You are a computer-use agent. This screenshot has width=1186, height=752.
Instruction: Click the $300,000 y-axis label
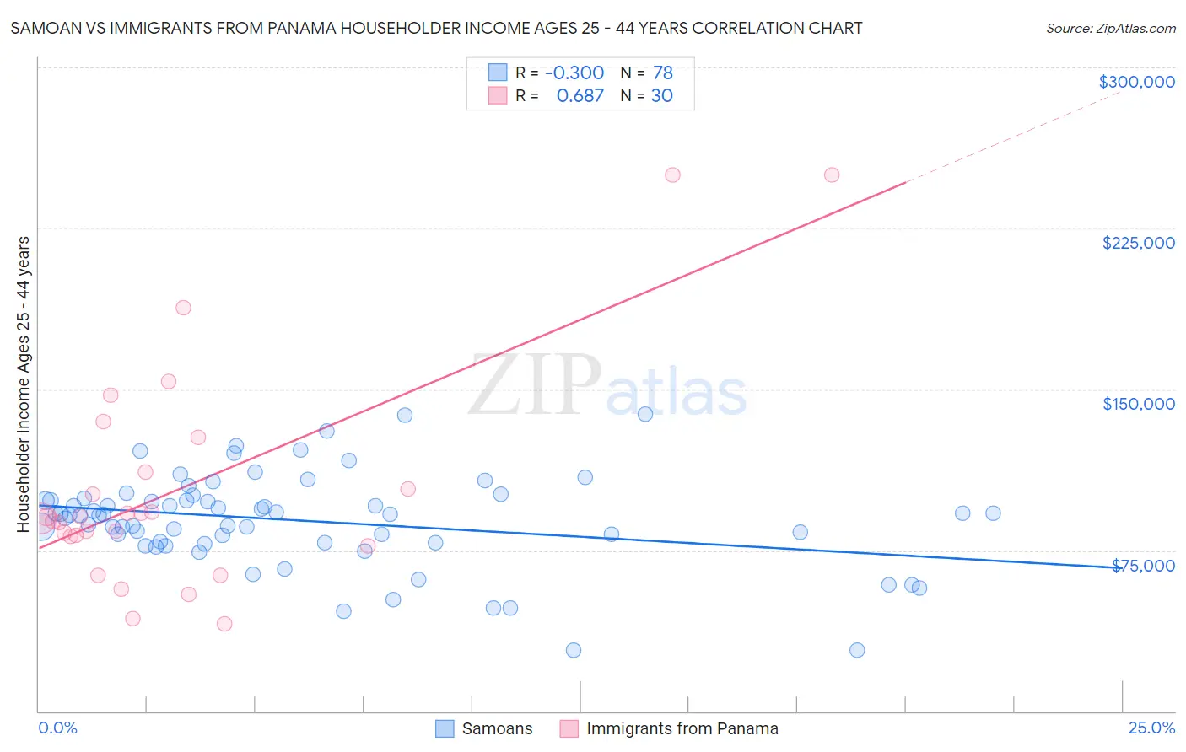pos(1136,82)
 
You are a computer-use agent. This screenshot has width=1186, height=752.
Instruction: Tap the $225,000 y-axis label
pos(1138,243)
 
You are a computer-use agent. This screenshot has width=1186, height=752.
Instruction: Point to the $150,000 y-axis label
pos(1138,404)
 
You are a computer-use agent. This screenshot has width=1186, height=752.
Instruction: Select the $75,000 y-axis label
pos(1143,566)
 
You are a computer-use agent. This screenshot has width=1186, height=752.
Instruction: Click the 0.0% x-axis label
pos(57,728)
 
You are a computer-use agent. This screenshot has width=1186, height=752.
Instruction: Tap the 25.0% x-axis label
pos(1151,728)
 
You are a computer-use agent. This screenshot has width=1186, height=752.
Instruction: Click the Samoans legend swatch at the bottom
pos(445,728)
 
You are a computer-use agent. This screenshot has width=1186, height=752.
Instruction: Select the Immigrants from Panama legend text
pos(682,728)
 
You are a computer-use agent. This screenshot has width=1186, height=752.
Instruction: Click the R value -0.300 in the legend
pos(574,73)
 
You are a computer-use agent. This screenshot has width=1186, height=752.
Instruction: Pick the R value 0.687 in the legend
pos(580,96)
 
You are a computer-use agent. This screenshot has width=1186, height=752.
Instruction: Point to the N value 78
pos(663,73)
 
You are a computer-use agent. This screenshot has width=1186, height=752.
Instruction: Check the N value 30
pos(662,96)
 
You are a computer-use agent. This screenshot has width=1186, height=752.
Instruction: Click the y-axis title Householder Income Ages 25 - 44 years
pos(24,384)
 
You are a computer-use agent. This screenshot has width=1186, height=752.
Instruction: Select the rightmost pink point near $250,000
pos(832,175)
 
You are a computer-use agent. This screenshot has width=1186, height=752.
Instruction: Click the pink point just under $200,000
pos(183,308)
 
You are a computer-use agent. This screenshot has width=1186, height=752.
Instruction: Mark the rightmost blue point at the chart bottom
pos(857,650)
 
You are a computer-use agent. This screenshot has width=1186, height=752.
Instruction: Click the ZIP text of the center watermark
pos(535,384)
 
